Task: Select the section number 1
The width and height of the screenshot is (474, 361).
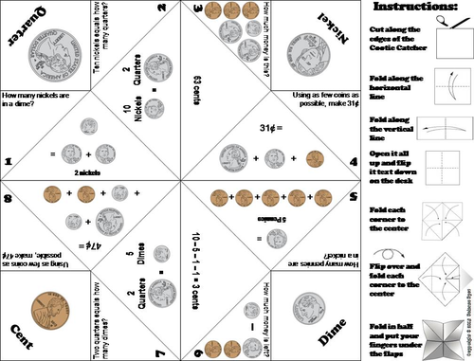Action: (x=7, y=162)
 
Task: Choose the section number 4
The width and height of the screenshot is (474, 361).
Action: (x=352, y=162)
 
